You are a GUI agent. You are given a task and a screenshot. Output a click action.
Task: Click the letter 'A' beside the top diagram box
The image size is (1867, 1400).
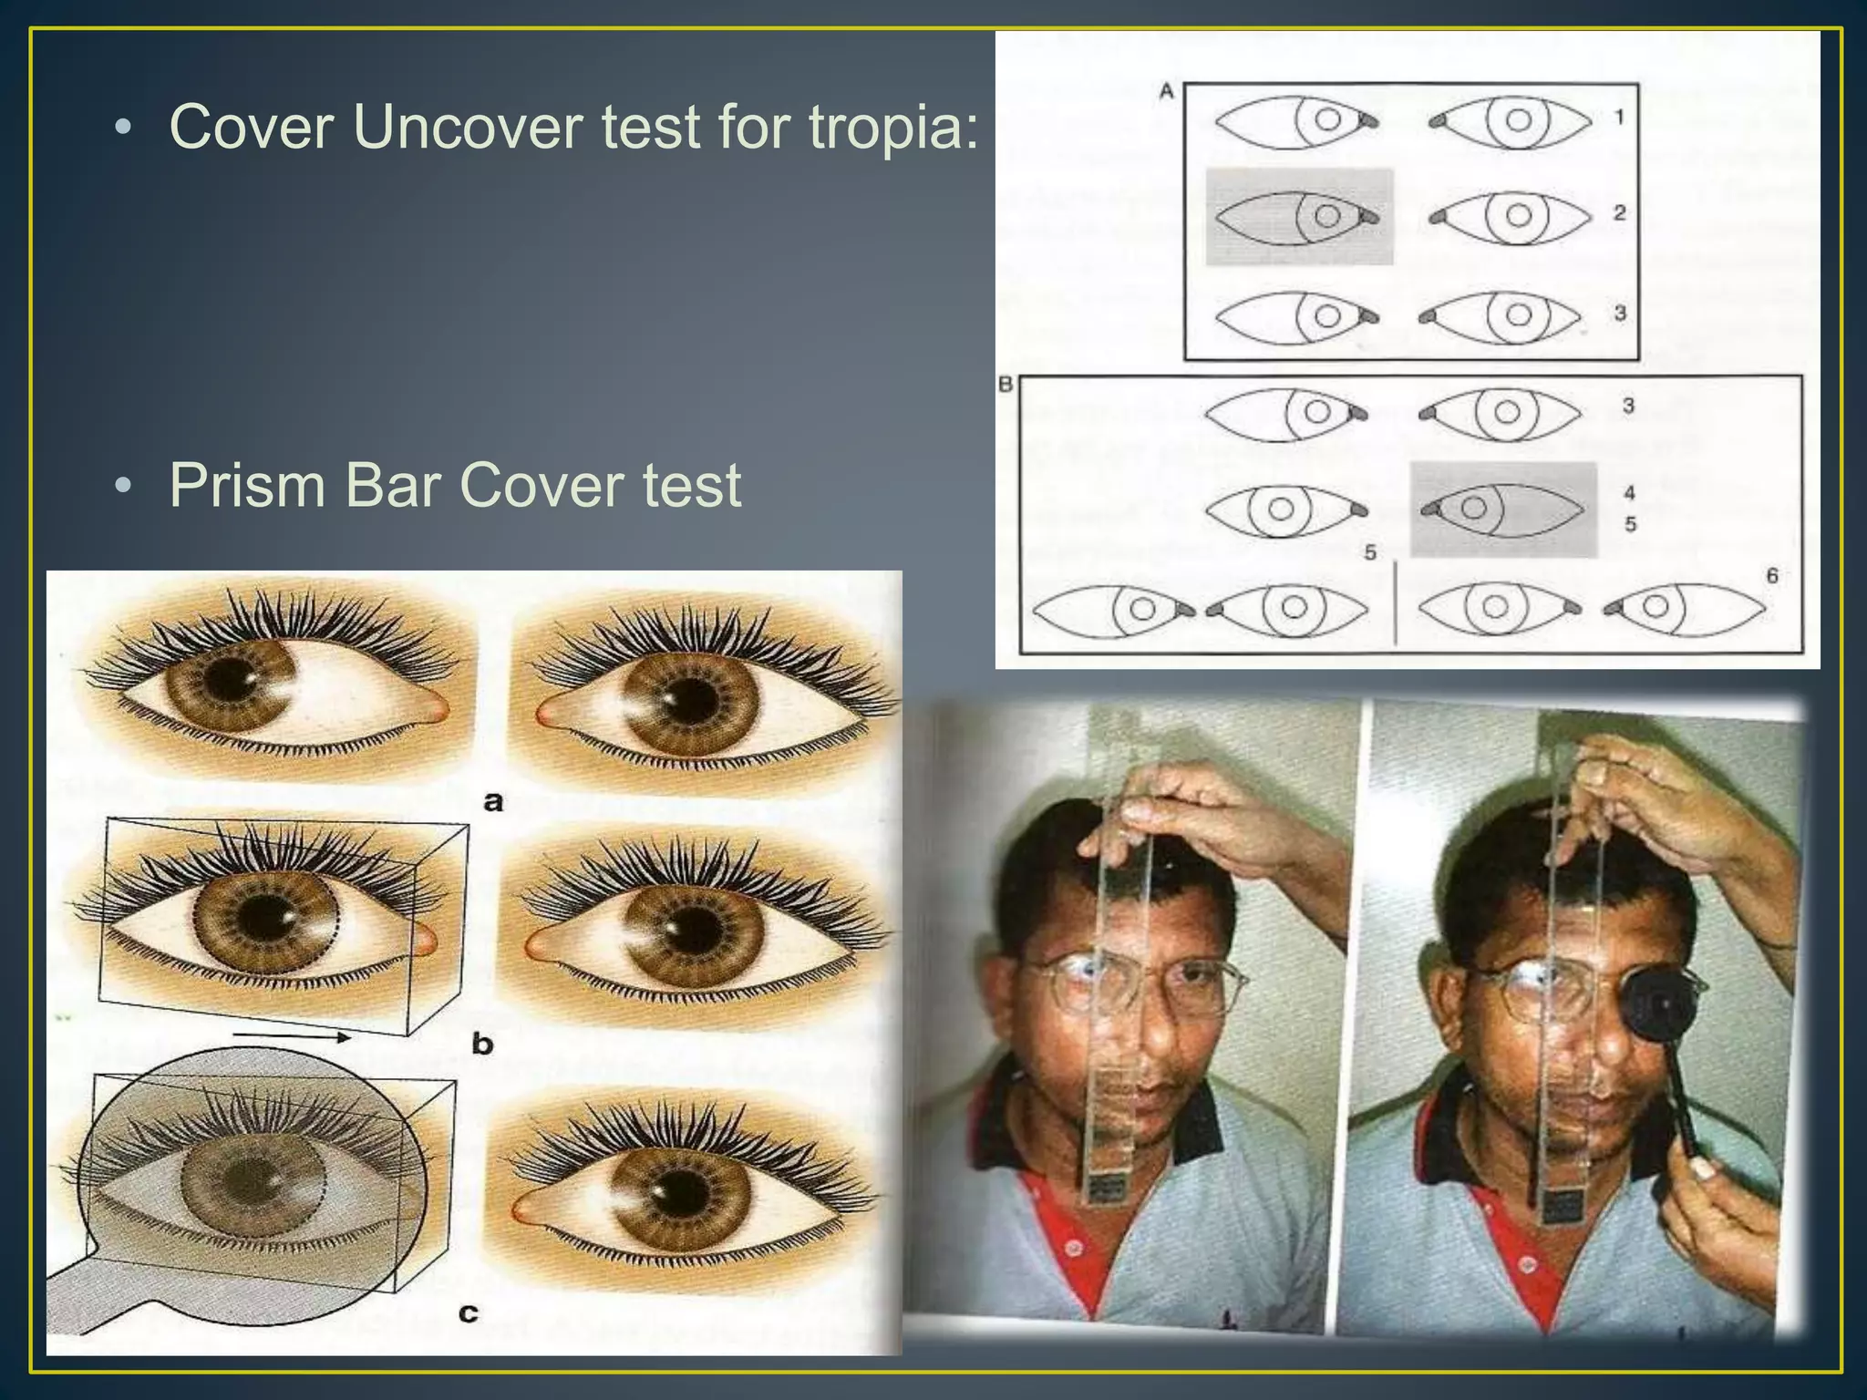click(1166, 91)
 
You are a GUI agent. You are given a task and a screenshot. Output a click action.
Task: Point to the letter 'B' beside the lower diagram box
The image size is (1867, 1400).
click(1006, 384)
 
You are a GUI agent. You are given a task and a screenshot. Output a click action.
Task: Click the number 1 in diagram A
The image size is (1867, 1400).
click(1619, 117)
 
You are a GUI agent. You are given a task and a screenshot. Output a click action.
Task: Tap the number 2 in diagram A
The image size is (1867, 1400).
click(1619, 212)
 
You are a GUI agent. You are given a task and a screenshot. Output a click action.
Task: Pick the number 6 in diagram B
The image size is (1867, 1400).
click(1771, 575)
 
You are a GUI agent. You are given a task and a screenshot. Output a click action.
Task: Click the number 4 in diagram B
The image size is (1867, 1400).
click(1630, 492)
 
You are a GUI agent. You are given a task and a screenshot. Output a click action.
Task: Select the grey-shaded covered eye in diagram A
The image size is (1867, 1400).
click(1299, 217)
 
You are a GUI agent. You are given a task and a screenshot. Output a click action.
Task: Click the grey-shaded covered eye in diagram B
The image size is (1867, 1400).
click(1503, 509)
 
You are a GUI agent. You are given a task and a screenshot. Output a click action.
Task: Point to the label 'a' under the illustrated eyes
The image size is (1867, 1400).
click(493, 801)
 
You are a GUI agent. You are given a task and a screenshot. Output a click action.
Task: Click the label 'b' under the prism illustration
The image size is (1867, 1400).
click(482, 1043)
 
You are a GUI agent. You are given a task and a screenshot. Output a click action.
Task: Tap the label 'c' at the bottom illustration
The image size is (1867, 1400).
click(468, 1312)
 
